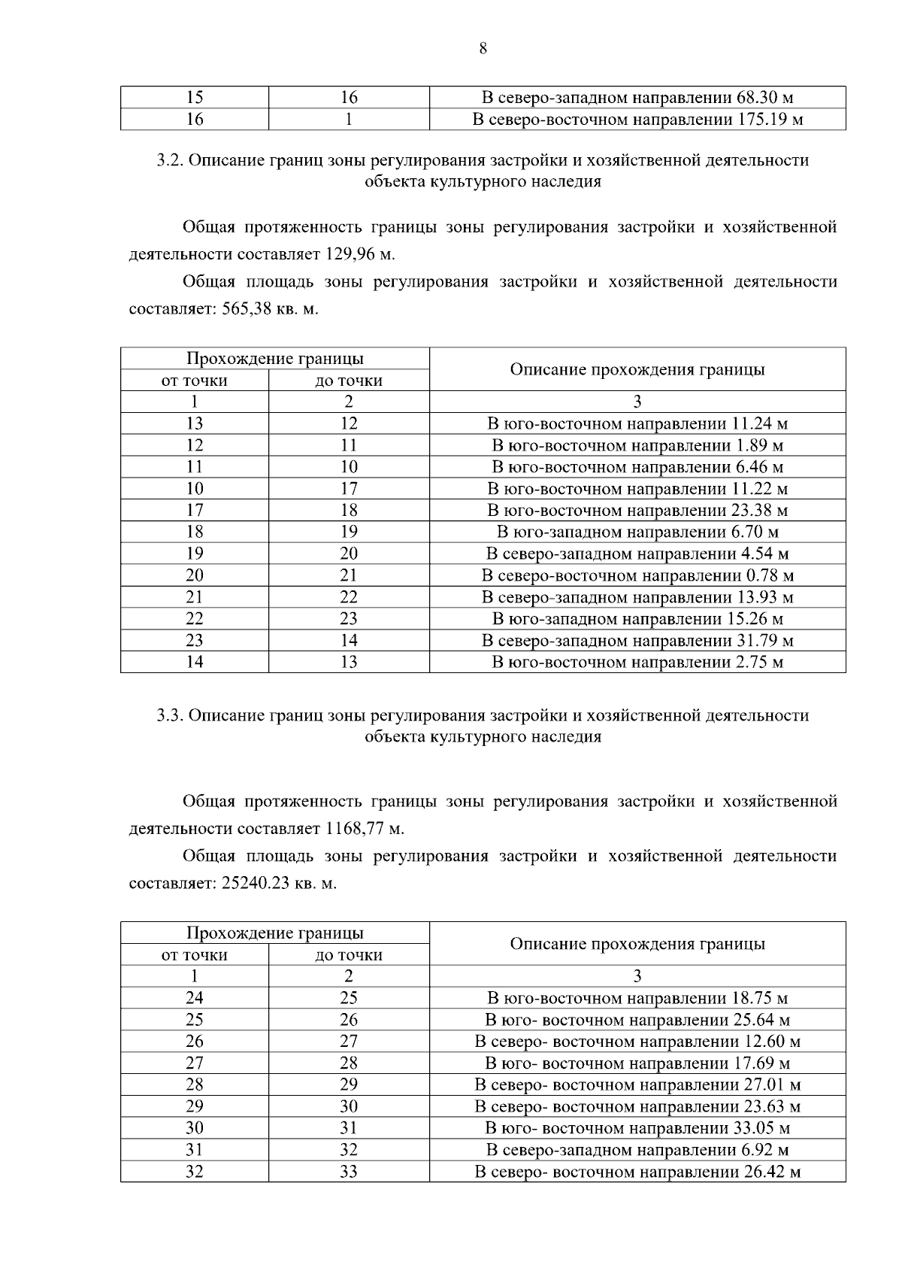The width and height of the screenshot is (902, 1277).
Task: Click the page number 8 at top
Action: tap(482, 50)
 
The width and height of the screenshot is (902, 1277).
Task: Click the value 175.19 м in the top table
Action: tap(770, 120)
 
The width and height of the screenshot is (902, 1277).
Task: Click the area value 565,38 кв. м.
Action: tap(271, 309)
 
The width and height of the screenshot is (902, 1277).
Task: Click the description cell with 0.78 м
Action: tap(637, 576)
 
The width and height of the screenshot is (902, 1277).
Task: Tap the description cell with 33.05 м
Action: tap(637, 1128)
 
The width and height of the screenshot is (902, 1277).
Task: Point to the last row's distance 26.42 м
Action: tap(771, 1172)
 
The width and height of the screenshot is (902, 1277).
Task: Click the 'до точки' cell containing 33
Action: tap(349, 1172)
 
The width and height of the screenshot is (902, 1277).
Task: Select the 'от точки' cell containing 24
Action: tap(195, 998)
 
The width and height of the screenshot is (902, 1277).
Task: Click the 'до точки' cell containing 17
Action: tap(349, 489)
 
